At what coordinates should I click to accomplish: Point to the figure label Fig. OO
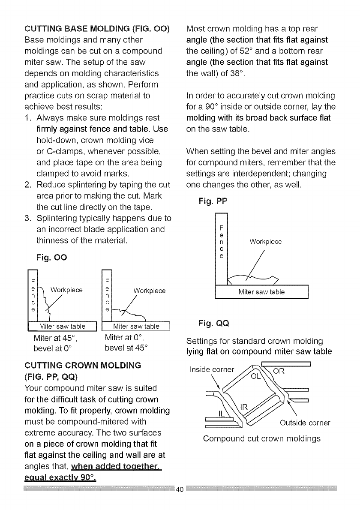51,258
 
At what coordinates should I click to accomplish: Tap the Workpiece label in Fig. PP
265,242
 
